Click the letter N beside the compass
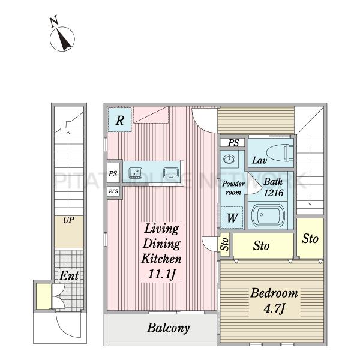pyautogui.click(x=54, y=22)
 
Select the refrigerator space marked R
pyautogui.click(x=119, y=119)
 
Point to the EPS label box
pyautogui.click(x=113, y=191)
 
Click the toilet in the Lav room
pyautogui.click(x=280, y=152)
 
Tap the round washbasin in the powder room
pyautogui.click(x=229, y=158)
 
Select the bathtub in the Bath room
pyautogui.click(x=268, y=215)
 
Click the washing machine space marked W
pyautogui.click(x=232, y=217)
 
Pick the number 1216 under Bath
pyautogui.click(x=274, y=193)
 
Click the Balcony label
pyautogui.click(x=168, y=328)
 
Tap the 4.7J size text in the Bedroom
pyautogui.click(x=274, y=308)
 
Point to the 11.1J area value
pyautogui.click(x=161, y=274)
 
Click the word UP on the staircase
pyautogui.click(x=68, y=220)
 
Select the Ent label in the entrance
pyautogui.click(x=69, y=275)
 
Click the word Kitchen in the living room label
pyautogui.click(x=161, y=259)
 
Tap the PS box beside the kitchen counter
pyautogui.click(x=113, y=173)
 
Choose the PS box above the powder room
pyautogui.click(x=233, y=143)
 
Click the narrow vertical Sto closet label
pyautogui.click(x=224, y=244)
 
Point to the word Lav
pyautogui.click(x=259, y=160)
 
